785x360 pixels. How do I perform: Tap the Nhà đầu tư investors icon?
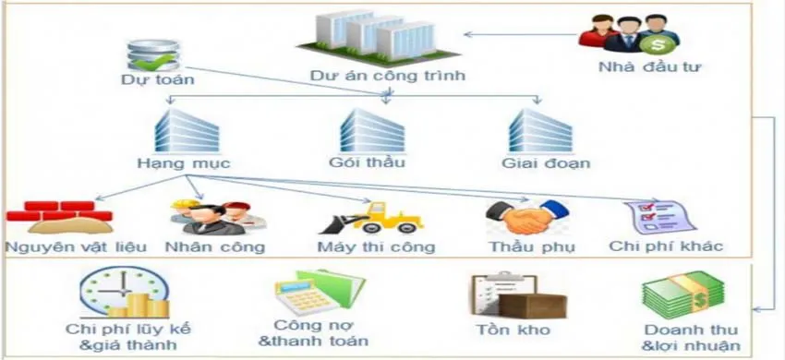(x=629, y=35)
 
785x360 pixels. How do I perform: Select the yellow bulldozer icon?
(x=369, y=218)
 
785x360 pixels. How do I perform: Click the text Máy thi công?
(x=375, y=246)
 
